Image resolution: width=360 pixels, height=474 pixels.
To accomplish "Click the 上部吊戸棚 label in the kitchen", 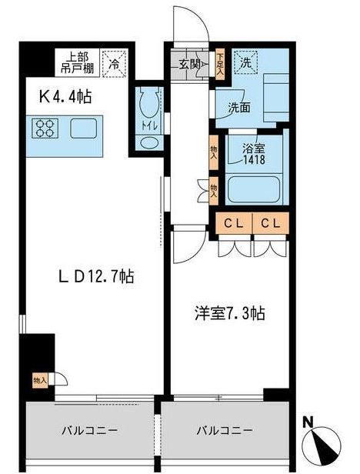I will point(79,61).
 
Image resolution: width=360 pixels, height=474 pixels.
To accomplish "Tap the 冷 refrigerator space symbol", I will point(114,62).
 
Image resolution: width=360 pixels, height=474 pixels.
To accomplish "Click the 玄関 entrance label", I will point(190,64).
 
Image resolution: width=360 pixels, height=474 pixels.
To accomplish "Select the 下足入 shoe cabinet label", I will point(219,60).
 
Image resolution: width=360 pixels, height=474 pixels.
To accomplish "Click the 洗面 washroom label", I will point(238,107).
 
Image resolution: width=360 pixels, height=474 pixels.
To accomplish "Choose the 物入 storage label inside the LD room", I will point(39,380).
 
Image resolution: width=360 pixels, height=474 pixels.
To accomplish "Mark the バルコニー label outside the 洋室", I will point(225,429).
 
